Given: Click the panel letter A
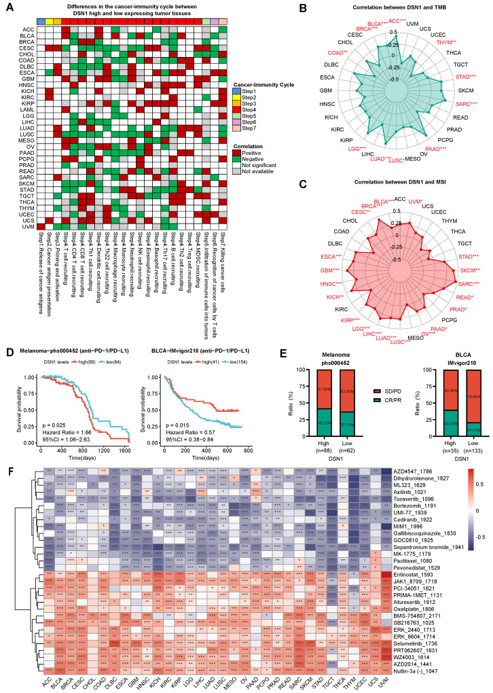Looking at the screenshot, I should pyautogui.click(x=7, y=6).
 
